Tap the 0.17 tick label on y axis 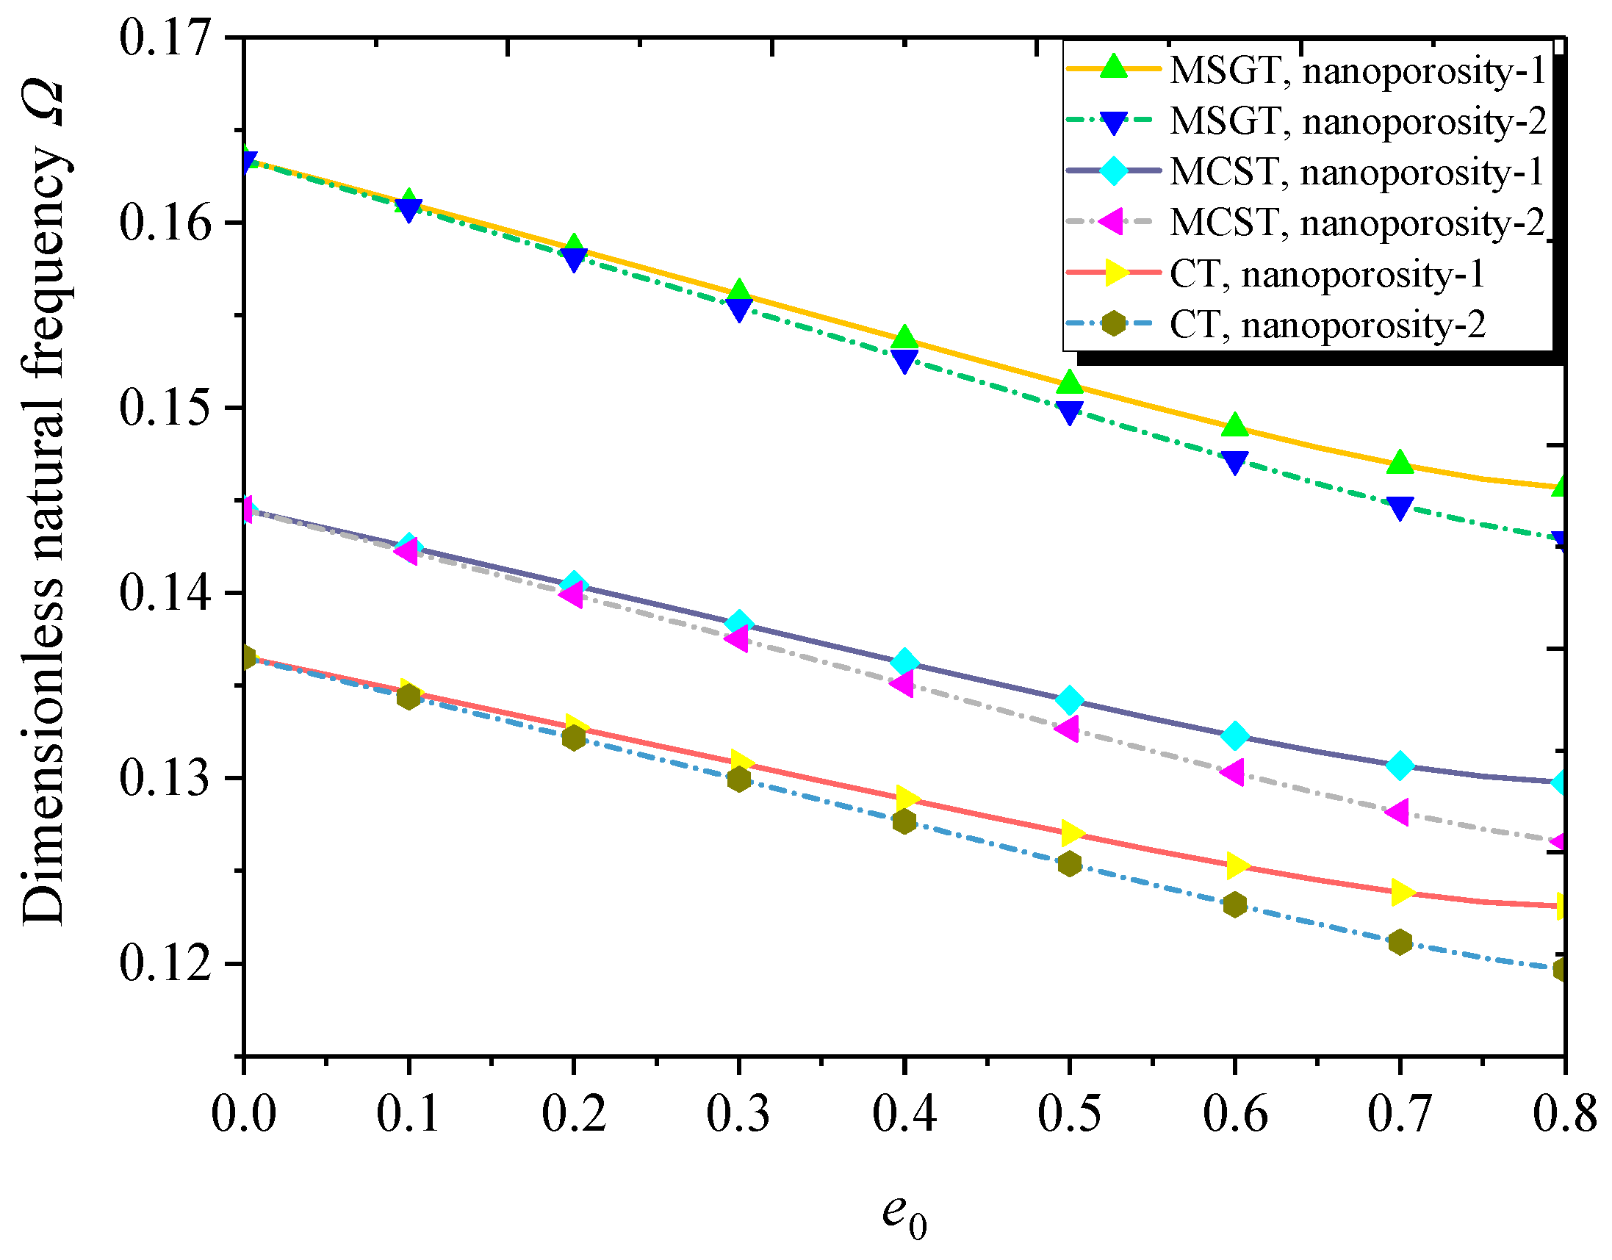point(165,37)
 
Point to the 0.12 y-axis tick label point(165,963)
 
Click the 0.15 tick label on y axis point(165,408)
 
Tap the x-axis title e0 point(904,1214)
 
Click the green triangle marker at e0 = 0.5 point(1070,383)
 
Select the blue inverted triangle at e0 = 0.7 point(1400,507)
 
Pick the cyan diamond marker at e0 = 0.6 point(1235,735)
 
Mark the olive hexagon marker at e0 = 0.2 point(574,738)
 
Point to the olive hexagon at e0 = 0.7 point(1400,942)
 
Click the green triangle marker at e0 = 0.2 point(574,248)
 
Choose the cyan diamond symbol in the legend point(1113,171)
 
